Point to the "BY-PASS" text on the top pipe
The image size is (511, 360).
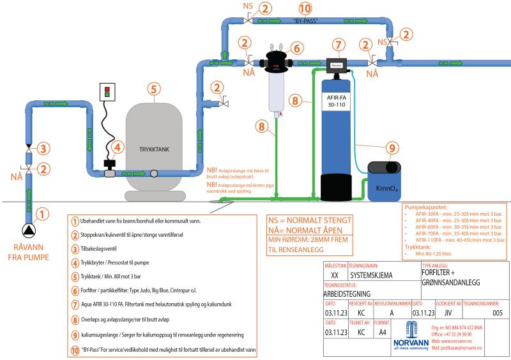click(306, 21)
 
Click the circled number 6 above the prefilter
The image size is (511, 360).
click(295, 49)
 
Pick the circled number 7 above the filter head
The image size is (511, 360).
click(338, 47)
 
